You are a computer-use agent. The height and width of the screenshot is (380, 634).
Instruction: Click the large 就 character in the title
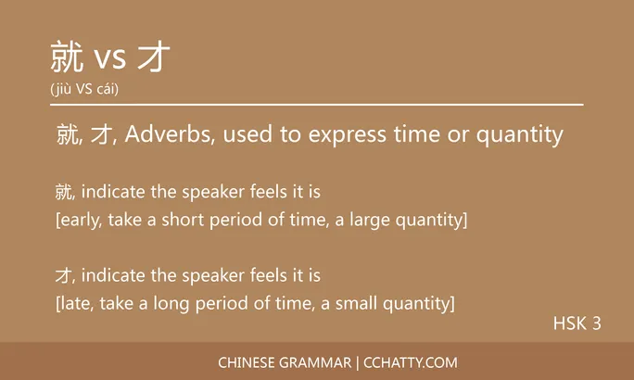tap(69, 57)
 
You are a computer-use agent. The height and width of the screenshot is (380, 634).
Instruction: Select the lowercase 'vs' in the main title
tap(110, 61)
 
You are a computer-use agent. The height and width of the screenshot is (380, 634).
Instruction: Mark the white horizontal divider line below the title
tap(316, 105)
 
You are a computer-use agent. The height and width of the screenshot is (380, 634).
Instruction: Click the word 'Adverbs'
tap(159, 134)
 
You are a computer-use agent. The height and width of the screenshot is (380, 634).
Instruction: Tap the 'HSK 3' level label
tap(577, 323)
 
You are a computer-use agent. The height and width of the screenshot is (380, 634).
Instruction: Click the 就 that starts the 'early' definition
tap(63, 193)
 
